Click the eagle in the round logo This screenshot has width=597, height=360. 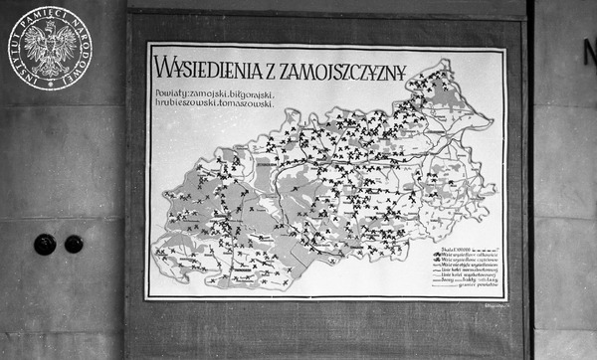point(47,47)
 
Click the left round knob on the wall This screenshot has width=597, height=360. point(45,244)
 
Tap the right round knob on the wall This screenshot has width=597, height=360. point(74,244)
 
